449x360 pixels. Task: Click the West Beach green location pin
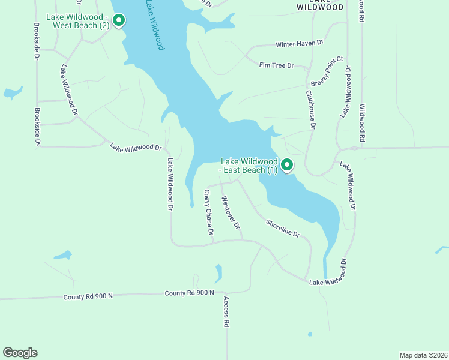coord(119,20)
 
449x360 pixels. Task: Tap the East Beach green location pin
coord(287,164)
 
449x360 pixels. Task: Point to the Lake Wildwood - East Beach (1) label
coord(249,166)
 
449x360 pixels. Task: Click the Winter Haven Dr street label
coord(300,44)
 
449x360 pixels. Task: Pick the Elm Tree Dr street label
coord(276,65)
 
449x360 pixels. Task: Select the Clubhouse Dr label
coord(311,110)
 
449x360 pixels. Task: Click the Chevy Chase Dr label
coord(208,212)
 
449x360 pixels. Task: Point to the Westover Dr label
coord(231,212)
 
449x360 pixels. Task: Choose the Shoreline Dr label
coord(283,227)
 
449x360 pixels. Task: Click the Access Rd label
coord(226,311)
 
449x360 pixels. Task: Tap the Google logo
coord(20,353)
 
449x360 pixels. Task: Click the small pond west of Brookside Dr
coord(12,93)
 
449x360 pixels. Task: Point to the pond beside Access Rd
coord(218,273)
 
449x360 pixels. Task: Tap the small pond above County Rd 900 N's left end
coord(62,255)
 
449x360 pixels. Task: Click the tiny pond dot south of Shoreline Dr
coord(310,334)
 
